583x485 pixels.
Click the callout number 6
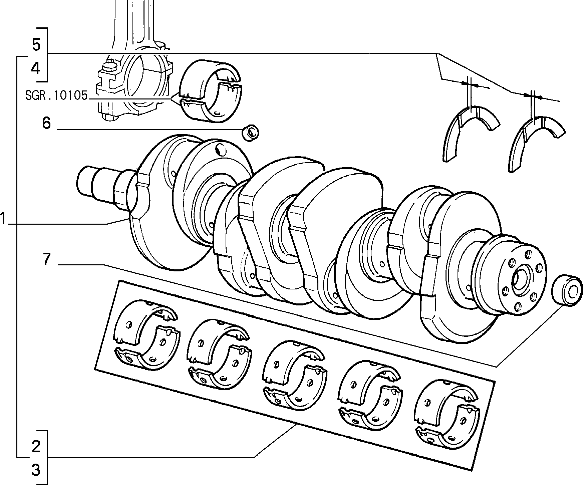[46, 123]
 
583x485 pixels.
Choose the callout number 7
[46, 259]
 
